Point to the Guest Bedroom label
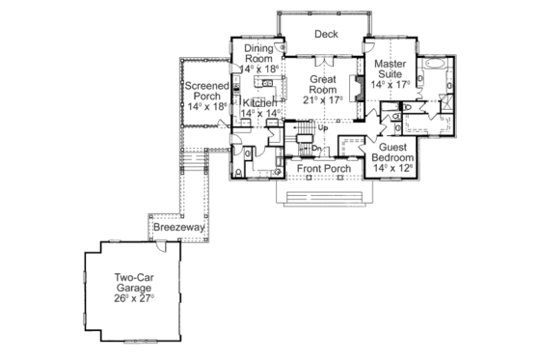pyautogui.click(x=392, y=151)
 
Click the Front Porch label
pyautogui.click(x=323, y=169)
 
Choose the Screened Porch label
pyautogui.click(x=207, y=91)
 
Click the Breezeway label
pyautogui.click(x=178, y=228)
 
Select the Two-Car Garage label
pyautogui.click(x=132, y=282)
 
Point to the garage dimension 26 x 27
pyautogui.click(x=132, y=297)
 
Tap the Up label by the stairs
pyautogui.click(x=323, y=127)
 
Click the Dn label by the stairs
pyautogui.click(x=315, y=148)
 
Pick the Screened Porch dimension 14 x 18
pyautogui.click(x=207, y=107)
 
